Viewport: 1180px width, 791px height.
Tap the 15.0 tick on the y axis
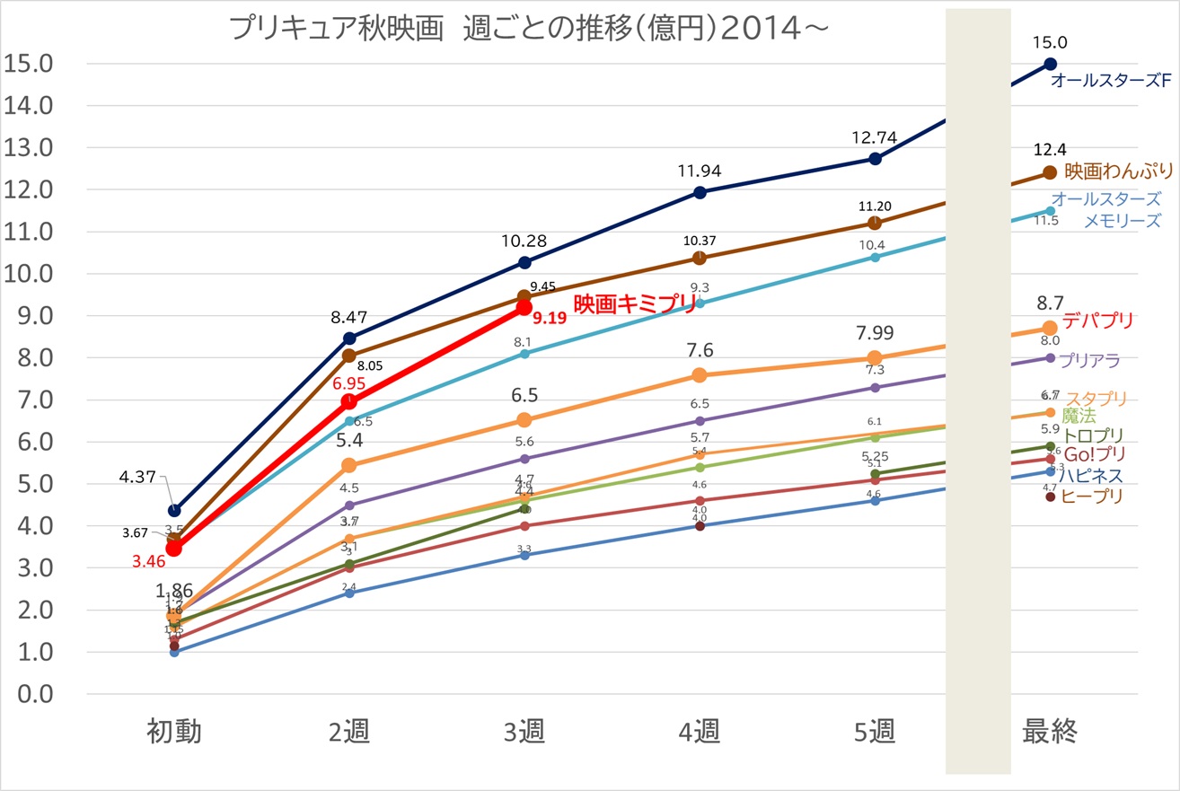pyautogui.click(x=30, y=64)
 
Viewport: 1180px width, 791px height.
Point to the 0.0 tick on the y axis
pyautogui.click(x=30, y=695)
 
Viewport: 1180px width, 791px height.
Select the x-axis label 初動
pyautogui.click(x=174, y=733)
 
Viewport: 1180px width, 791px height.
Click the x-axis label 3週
pyautogui.click(x=524, y=733)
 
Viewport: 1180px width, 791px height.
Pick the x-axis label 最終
pyautogui.click(x=1050, y=733)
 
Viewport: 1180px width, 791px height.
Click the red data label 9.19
pyautogui.click(x=549, y=318)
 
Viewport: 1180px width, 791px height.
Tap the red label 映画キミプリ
pyautogui.click(x=635, y=303)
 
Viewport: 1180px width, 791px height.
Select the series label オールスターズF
pyautogui.click(x=1111, y=81)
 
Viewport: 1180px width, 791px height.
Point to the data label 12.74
pyautogui.click(x=875, y=137)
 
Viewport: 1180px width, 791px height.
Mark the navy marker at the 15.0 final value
pyautogui.click(x=1050, y=64)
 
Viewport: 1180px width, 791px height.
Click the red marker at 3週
pyautogui.click(x=524, y=307)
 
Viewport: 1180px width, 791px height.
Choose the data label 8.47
pyautogui.click(x=349, y=316)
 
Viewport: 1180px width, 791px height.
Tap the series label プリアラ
pyautogui.click(x=1089, y=361)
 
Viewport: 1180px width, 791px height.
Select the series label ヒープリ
pyautogui.click(x=1091, y=496)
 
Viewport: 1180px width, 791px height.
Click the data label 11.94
pyautogui.click(x=700, y=171)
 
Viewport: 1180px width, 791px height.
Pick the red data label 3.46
pyautogui.click(x=147, y=564)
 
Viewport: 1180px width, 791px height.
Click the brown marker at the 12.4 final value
pyautogui.click(x=1050, y=172)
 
